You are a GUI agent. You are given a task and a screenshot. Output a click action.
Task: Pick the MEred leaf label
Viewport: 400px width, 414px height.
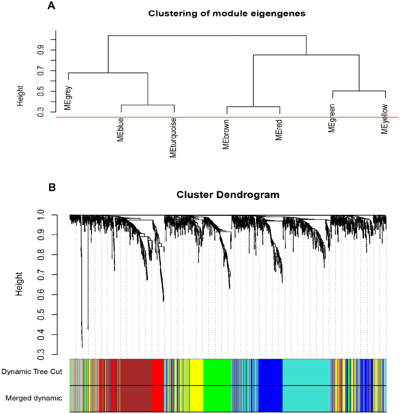pyautogui.click(x=279, y=130)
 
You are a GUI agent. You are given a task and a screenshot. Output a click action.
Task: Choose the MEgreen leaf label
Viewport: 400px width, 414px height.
pyautogui.click(x=332, y=118)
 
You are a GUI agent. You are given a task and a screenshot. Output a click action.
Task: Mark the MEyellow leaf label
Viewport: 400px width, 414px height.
pyautogui.click(x=385, y=119)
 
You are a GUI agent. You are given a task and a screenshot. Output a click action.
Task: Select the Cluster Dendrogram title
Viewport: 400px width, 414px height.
pyautogui.click(x=228, y=194)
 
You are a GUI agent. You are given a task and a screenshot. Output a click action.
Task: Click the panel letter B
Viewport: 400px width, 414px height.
pyautogui.click(x=52, y=187)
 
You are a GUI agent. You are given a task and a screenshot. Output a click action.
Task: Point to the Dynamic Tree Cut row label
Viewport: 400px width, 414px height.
pyautogui.click(x=32, y=371)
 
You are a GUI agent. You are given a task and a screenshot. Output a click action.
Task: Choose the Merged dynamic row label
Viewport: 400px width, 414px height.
pyautogui.click(x=34, y=398)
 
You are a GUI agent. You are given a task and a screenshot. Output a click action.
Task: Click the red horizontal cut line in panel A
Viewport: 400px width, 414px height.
pyautogui.click(x=227, y=117)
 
